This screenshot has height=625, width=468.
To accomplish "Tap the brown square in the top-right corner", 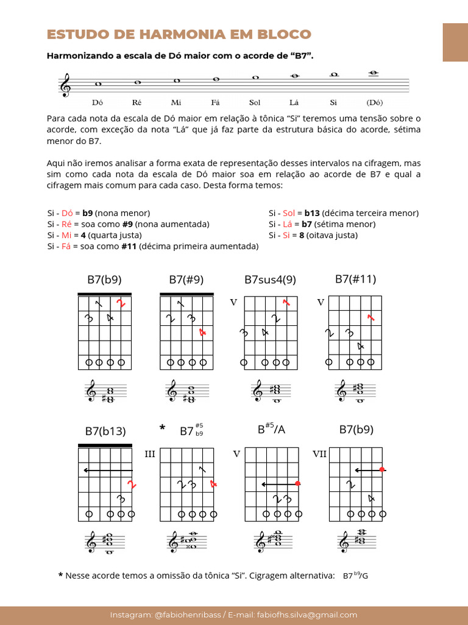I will click(455, 42).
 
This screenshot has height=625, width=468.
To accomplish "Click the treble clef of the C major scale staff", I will click(65, 85).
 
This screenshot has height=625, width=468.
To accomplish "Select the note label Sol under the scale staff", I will click(255, 103).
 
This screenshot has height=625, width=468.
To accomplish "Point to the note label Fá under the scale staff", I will click(215, 103).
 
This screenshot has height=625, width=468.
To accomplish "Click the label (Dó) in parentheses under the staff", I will click(375, 103).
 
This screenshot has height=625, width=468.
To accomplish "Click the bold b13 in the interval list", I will click(313, 213).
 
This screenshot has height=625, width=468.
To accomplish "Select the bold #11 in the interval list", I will click(128, 247).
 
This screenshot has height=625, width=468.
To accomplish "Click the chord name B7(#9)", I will click(186, 280).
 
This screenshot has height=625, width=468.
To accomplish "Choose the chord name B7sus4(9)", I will click(270, 280).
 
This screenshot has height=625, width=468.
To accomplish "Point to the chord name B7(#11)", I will click(355, 279).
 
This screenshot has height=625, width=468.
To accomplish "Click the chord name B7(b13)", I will click(105, 431).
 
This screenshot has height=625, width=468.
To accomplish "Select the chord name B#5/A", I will click(271, 429).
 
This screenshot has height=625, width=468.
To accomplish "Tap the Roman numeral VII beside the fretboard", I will click(319, 454).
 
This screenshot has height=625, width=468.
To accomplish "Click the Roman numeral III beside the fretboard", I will click(150, 454).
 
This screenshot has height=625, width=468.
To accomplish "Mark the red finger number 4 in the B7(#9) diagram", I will click(203, 333).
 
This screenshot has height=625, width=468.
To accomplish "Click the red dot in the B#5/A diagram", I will click(298, 484).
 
